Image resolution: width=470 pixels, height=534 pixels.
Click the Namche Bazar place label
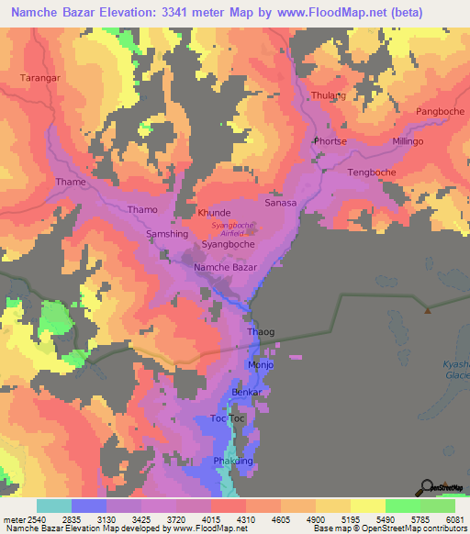[225, 266]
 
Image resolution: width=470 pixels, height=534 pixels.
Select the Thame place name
[71, 182]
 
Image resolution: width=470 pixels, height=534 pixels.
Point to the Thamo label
[142, 209]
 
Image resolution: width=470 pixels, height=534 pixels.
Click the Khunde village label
[214, 212]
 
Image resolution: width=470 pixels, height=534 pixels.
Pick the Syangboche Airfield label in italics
[233, 228]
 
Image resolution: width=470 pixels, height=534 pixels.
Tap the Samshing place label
[167, 234]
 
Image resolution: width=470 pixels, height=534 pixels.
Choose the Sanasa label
[281, 203]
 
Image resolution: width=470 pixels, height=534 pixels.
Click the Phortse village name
[330, 141]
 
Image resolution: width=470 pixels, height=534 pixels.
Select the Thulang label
[329, 95]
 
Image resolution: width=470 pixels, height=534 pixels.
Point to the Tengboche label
[372, 172]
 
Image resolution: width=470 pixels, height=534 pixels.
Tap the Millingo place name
[408, 141]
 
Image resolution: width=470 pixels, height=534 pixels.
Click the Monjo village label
[261, 364]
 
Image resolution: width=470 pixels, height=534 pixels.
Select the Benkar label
[247, 392]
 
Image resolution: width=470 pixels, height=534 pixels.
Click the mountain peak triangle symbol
[427, 309]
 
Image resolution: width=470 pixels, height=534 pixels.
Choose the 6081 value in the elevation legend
[454, 519]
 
